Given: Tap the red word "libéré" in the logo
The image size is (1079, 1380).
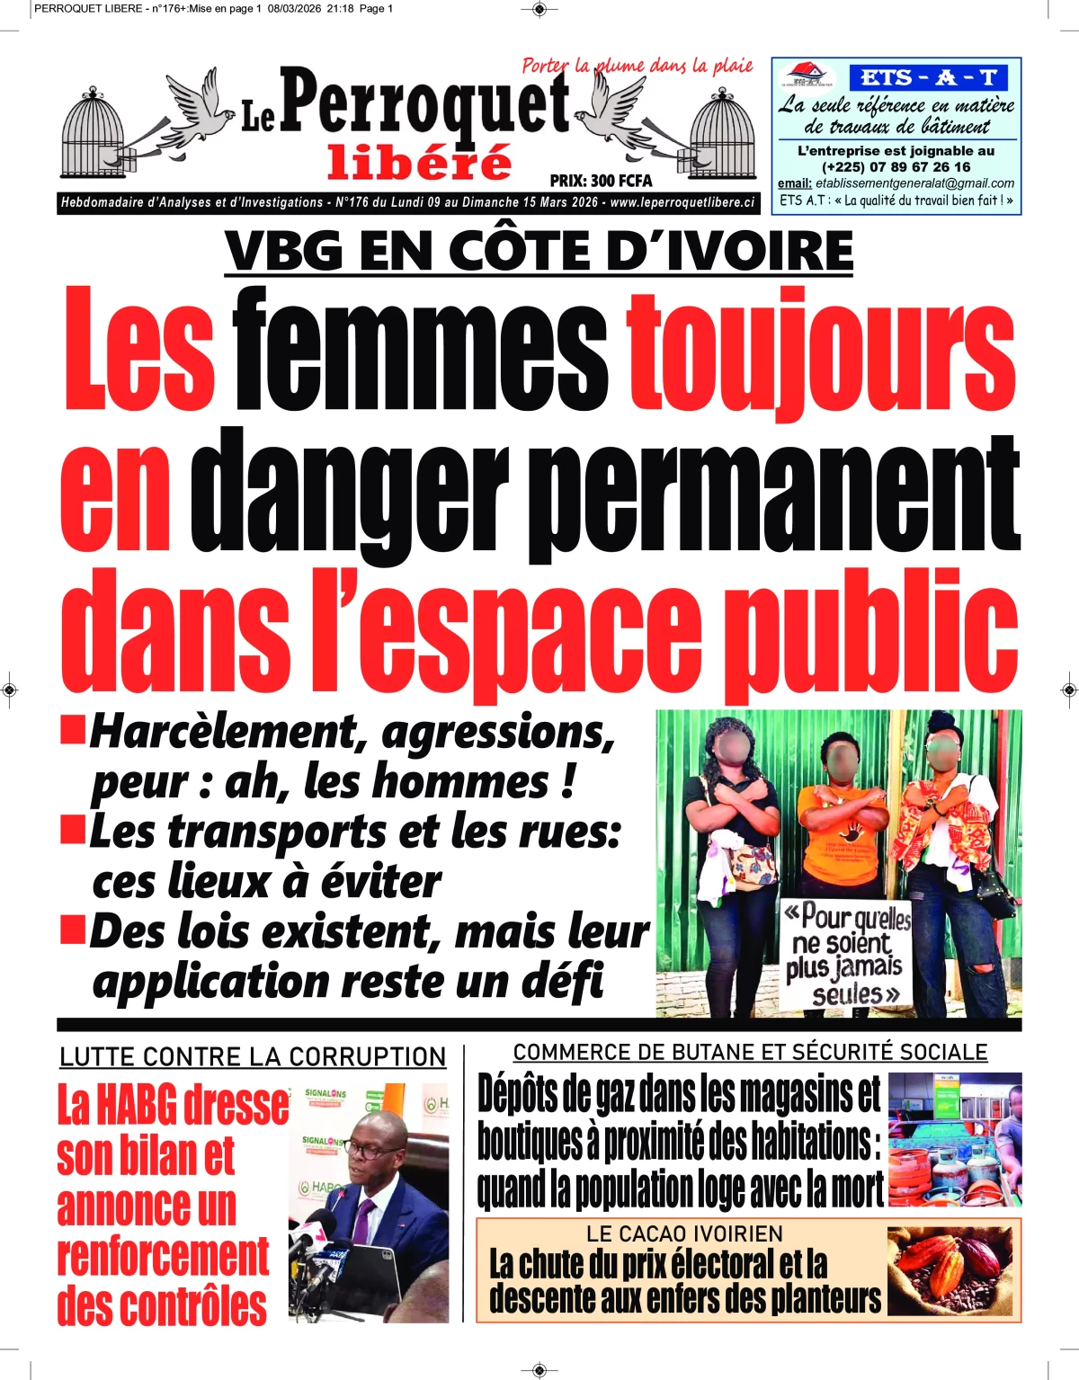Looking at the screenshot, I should point(419,162).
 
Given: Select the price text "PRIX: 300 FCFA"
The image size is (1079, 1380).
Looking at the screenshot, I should point(601,181).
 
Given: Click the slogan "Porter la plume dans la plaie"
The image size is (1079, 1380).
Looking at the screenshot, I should point(637,66).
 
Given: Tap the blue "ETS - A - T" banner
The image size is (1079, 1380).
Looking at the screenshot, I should point(928,77).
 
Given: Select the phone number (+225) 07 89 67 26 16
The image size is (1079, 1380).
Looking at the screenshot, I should point(896,166).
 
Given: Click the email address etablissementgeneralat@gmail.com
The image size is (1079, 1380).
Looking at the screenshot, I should point(914,183).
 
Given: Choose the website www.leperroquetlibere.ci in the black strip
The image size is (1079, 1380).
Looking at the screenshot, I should point(682,203).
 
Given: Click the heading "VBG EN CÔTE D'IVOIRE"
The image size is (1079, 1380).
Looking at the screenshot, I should point(539,251).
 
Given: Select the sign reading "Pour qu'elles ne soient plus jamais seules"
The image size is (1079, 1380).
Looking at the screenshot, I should point(844,953).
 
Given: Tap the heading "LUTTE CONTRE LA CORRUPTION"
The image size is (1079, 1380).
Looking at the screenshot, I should point(253,1056).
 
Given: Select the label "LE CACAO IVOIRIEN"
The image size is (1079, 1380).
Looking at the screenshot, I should point(684,1233).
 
